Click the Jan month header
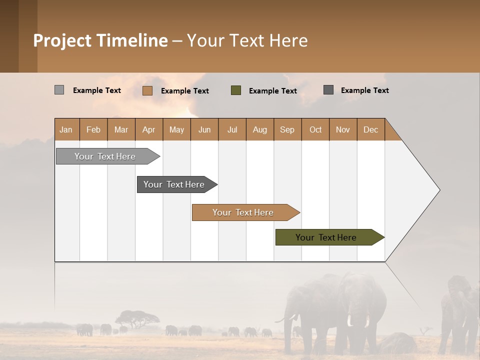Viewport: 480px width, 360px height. coord(66,129)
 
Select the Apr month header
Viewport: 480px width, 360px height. coord(148,129)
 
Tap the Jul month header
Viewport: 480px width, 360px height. coord(232,129)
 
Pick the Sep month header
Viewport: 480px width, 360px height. coord(287,129)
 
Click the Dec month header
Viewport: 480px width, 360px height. coord(370,129)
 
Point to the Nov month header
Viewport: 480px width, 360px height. coord(342,129)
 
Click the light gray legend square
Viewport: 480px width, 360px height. coord(59,90)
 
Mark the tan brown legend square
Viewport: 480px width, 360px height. coord(147,90)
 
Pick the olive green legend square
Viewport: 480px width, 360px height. coord(236,90)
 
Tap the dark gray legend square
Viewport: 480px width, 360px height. coord(328,90)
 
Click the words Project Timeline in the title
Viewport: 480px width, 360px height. coord(100,40)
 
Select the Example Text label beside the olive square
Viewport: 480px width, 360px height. coord(272,91)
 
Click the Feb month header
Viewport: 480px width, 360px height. coord(93,129)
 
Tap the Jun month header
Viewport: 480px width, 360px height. coord(204,129)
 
